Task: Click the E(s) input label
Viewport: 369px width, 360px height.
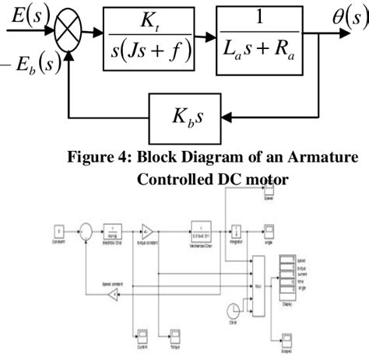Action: click(x=26, y=14)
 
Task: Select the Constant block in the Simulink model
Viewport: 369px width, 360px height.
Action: click(x=57, y=231)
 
